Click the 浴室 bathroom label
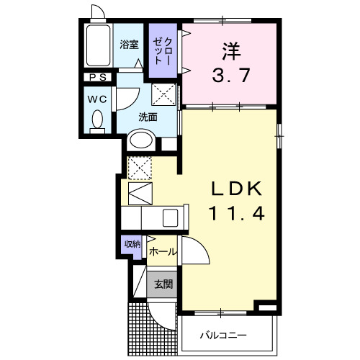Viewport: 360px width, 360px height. click(x=129, y=44)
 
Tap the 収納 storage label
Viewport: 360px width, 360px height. click(x=131, y=245)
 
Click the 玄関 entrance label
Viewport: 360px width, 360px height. click(x=162, y=284)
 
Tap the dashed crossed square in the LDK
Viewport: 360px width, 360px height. click(x=140, y=168)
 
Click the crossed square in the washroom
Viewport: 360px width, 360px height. click(x=164, y=93)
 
